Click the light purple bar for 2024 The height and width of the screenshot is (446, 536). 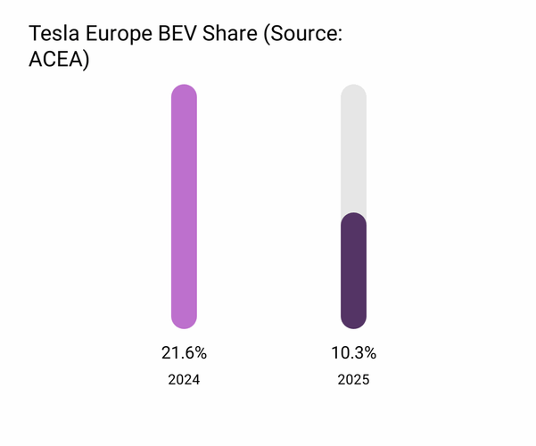pyautogui.click(x=184, y=206)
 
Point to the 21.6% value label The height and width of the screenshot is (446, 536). pyautogui.click(x=184, y=352)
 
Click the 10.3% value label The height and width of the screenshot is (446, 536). pyautogui.click(x=353, y=352)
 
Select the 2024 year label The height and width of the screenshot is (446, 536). pyautogui.click(x=184, y=380)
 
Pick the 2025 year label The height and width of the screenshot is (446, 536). pyautogui.click(x=353, y=380)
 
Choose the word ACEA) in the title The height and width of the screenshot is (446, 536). pyautogui.click(x=60, y=62)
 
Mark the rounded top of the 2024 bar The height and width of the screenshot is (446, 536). pyautogui.click(x=184, y=90)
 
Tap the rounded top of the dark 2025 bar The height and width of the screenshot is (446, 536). pyautogui.click(x=353, y=219)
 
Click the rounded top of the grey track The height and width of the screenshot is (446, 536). pyautogui.click(x=353, y=90)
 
